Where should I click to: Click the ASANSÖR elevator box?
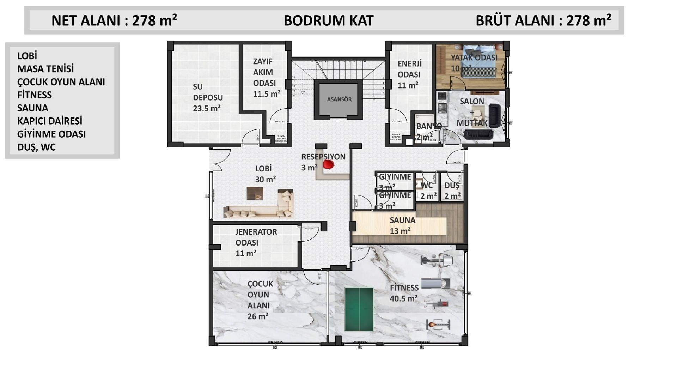tap(339, 99)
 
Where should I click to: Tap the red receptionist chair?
tap(328, 164)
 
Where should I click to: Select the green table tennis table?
tap(359, 309)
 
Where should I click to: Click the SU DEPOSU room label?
tap(207, 97)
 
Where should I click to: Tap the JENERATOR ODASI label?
tap(256, 242)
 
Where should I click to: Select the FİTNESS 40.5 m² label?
tap(404, 293)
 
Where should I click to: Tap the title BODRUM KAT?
tap(328, 20)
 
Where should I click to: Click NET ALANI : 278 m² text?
tap(114, 20)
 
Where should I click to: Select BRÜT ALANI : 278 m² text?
tap(543, 20)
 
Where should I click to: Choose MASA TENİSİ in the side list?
tap(45, 69)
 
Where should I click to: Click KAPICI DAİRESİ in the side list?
tap(50, 121)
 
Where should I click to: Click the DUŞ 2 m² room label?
tap(452, 190)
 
